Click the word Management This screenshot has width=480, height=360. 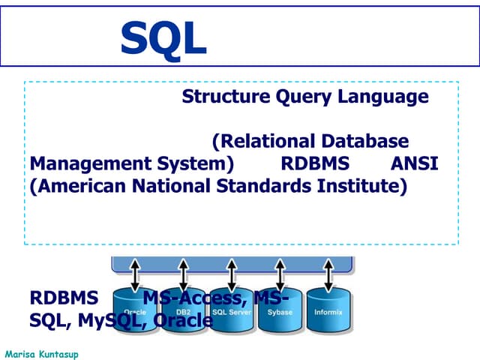(82, 163)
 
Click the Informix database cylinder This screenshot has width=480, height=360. (328, 308)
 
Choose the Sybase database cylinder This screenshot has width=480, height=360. (280, 308)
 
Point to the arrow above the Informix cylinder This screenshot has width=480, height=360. (328, 275)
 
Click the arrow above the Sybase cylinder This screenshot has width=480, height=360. (280, 275)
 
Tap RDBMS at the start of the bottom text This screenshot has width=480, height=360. (64, 298)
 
